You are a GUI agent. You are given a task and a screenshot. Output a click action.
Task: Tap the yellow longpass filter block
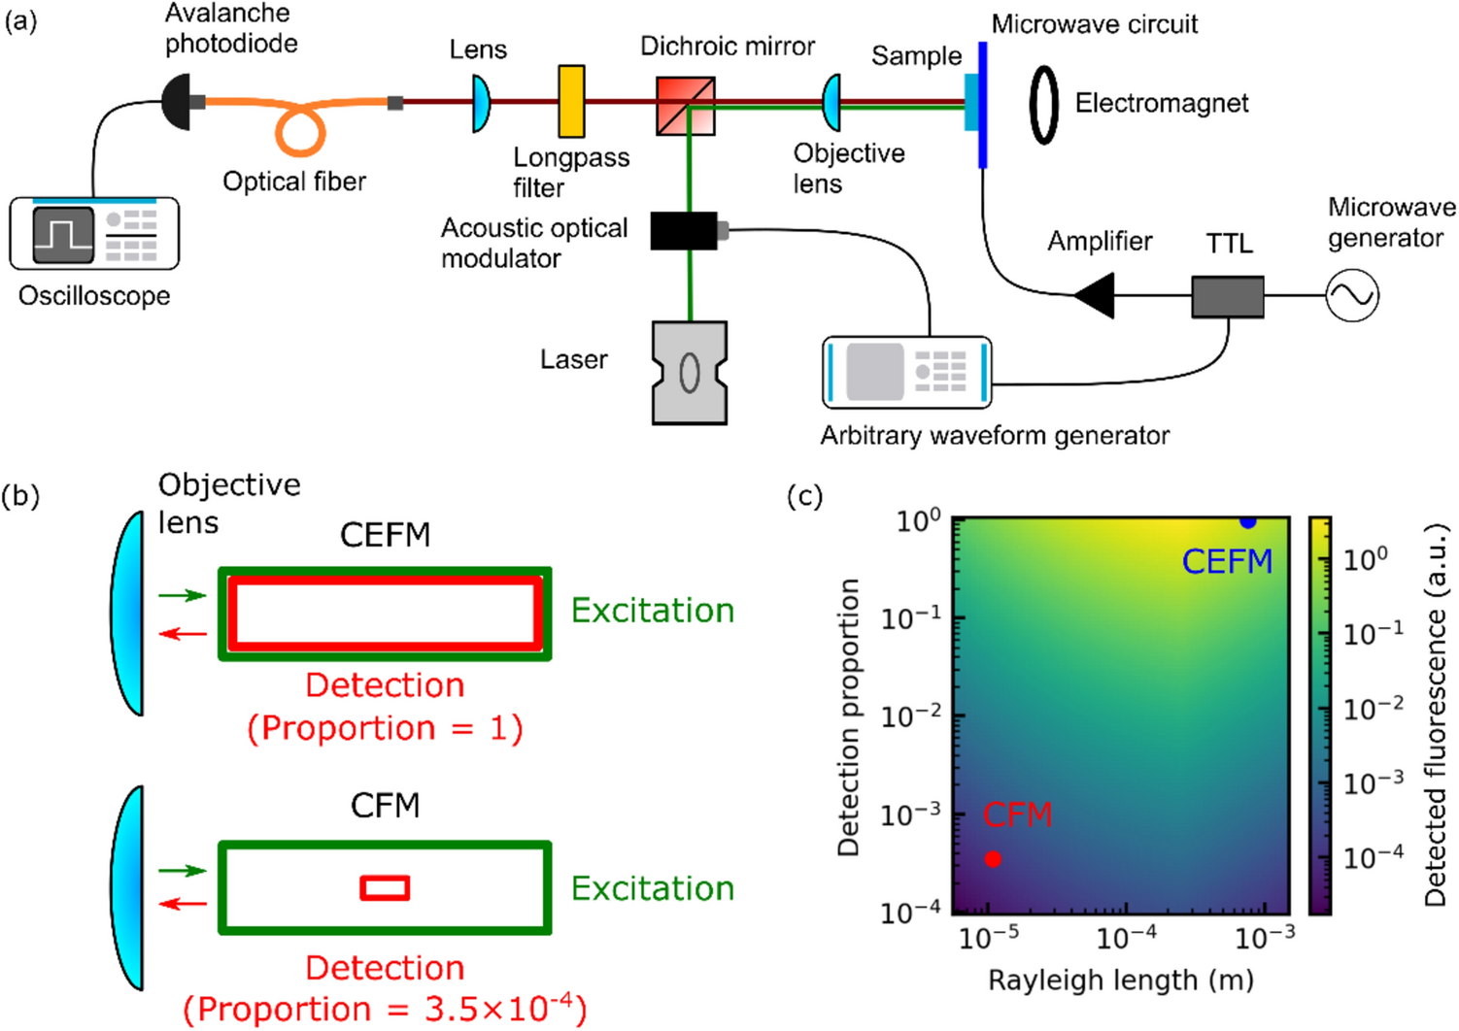[571, 101]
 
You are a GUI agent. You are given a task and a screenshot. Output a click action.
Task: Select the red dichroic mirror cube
[686, 106]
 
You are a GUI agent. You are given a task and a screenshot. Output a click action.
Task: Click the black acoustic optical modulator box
[684, 231]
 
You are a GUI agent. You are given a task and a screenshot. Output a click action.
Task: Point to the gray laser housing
[690, 373]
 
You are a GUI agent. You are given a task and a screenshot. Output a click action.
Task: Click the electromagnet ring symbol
[1043, 105]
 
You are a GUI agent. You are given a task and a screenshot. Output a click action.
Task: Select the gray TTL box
[1228, 296]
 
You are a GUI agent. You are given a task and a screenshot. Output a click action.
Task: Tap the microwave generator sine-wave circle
[1351, 295]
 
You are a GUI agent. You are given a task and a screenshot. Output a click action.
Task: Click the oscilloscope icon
[94, 234]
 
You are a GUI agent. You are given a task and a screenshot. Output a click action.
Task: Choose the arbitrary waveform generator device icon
[906, 372]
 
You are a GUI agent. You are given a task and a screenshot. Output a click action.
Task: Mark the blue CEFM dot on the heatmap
[1247, 522]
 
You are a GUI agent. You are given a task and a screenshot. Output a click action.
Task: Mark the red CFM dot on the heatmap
[992, 858]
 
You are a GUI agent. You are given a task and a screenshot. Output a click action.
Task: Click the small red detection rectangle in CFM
[385, 887]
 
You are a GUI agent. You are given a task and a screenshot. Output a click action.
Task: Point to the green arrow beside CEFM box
[183, 595]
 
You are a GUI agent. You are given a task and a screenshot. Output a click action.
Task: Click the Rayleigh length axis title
[1120, 981]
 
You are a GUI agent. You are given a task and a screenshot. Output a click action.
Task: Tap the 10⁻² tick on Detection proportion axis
[910, 716]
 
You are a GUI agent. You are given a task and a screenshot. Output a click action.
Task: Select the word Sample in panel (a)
[916, 56]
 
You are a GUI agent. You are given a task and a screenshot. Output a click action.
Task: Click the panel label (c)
[804, 496]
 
